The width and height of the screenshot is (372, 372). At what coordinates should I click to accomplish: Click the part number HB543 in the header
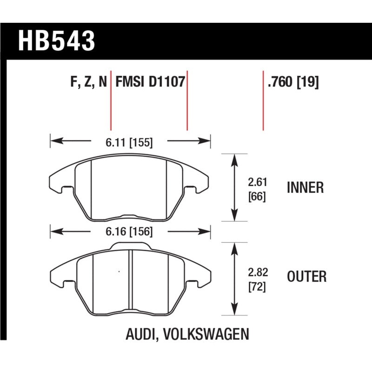click(56, 40)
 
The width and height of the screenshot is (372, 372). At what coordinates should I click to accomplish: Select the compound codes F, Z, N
click(89, 82)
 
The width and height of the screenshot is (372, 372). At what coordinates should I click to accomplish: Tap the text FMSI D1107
click(150, 82)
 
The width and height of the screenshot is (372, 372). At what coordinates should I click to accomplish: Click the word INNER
click(305, 188)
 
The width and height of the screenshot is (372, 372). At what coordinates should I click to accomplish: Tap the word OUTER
click(306, 277)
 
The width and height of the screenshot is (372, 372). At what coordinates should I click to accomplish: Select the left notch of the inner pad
click(65, 188)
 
